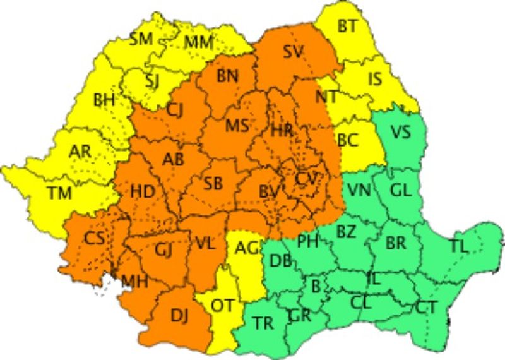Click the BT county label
coord(347,26)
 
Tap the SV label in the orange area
coord(293,52)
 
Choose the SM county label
coord(141,39)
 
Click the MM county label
coord(198,43)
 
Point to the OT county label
coord(222,306)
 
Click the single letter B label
coord(316,285)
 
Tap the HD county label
coord(143,190)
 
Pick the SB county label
coord(213,184)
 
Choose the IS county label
coord(375,79)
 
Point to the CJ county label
coord(176,111)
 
